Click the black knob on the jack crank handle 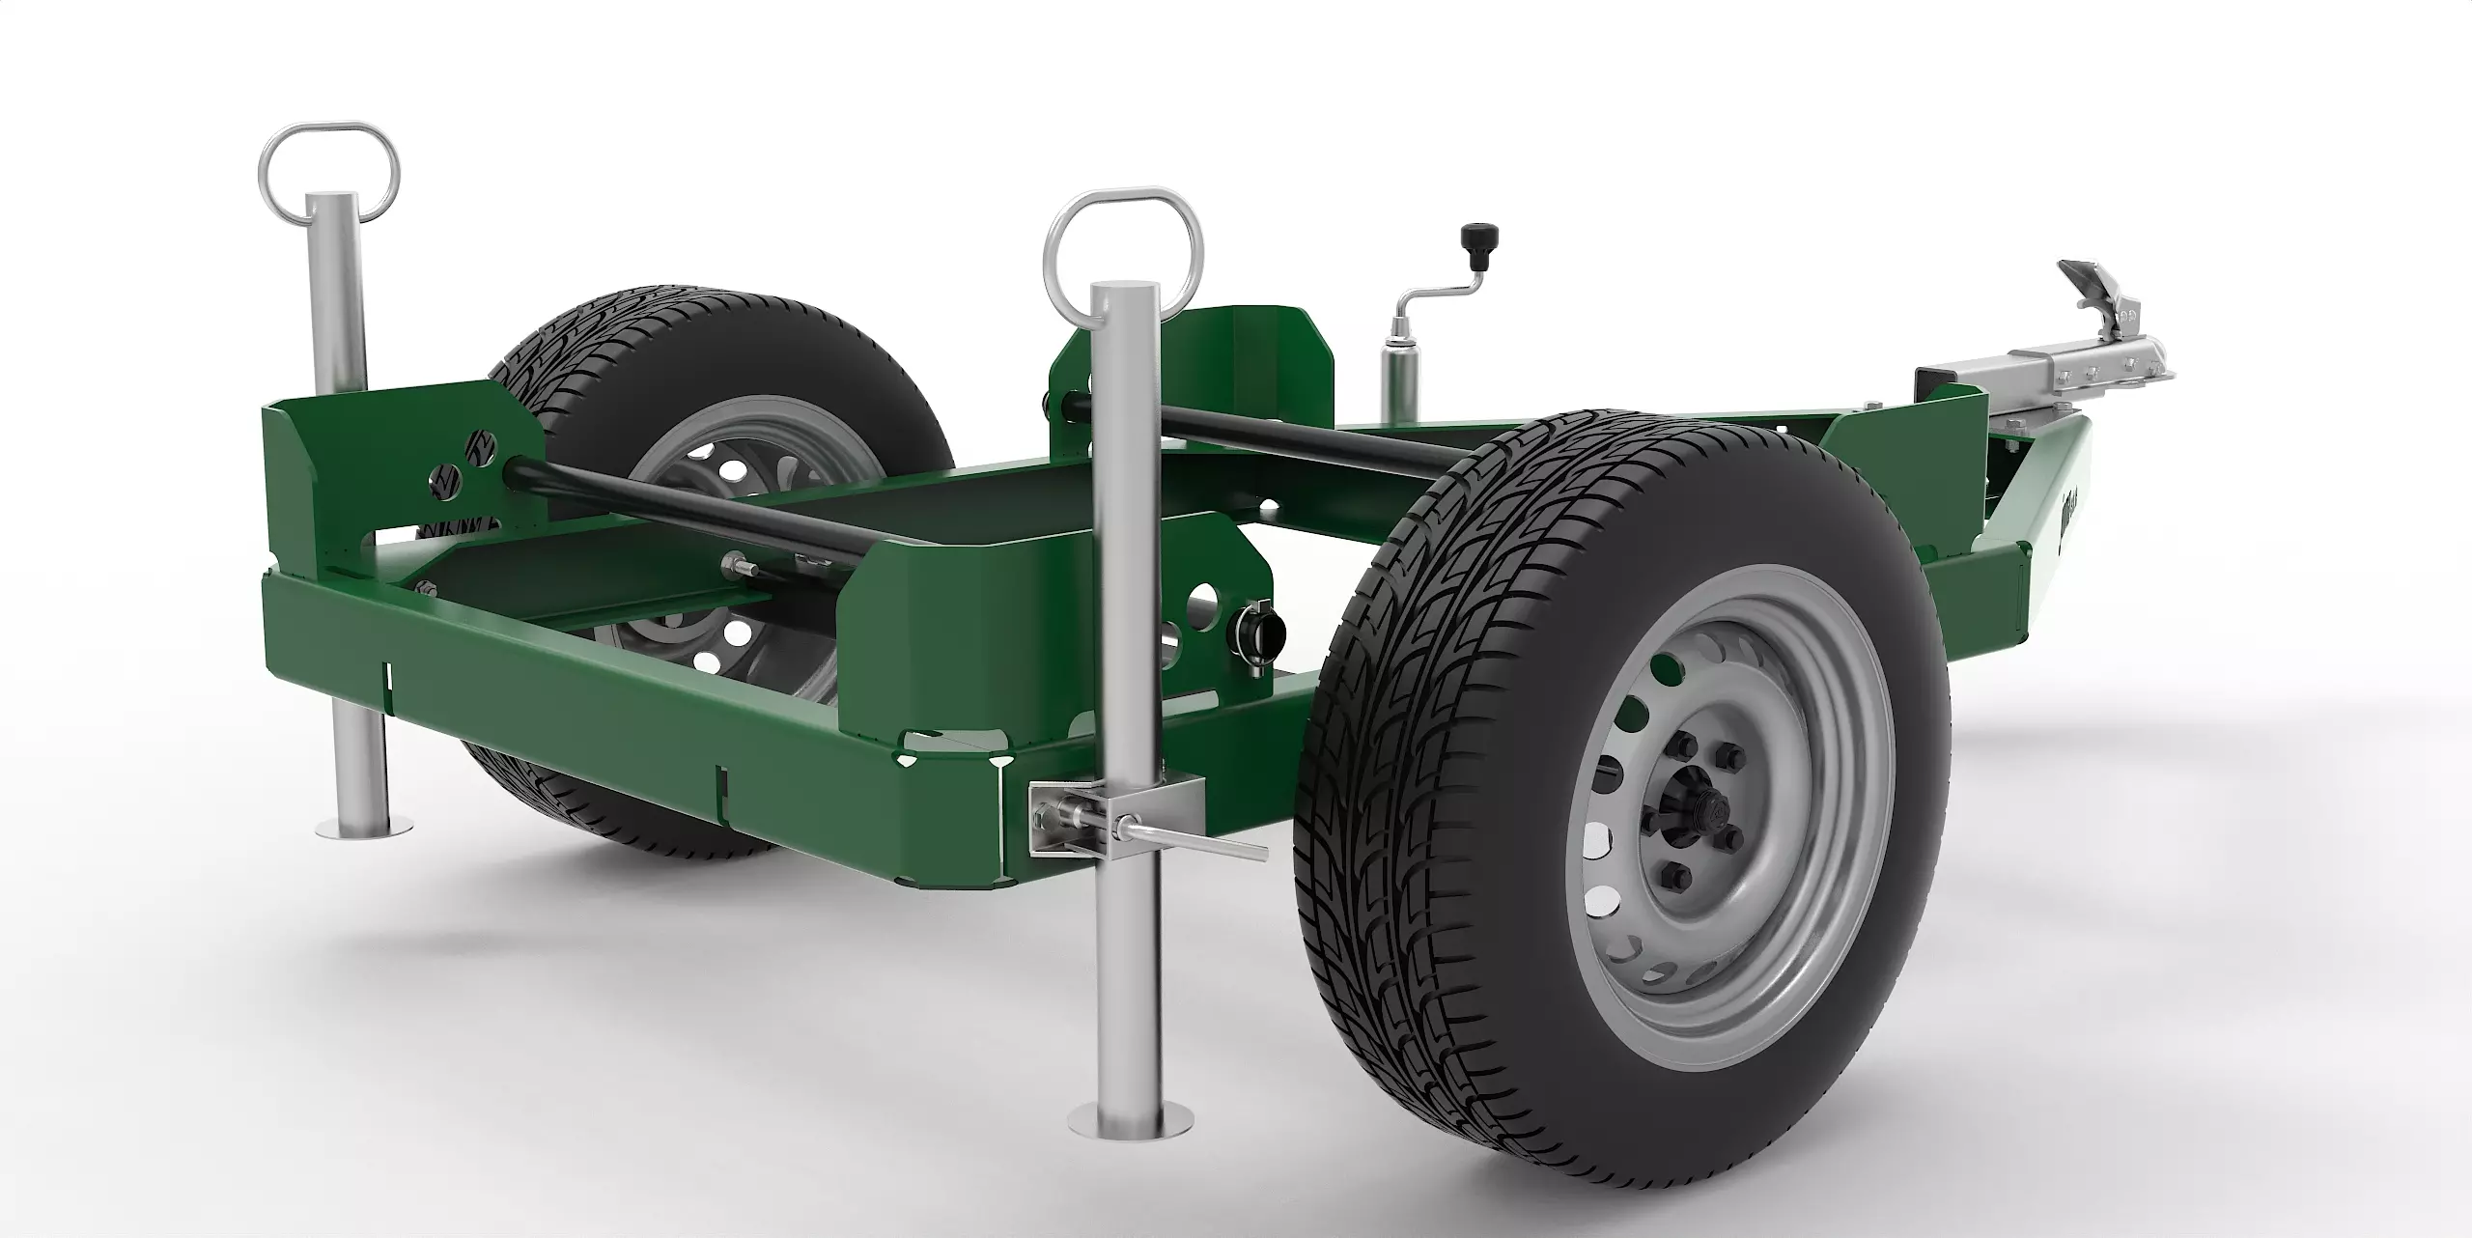[1474, 236]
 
